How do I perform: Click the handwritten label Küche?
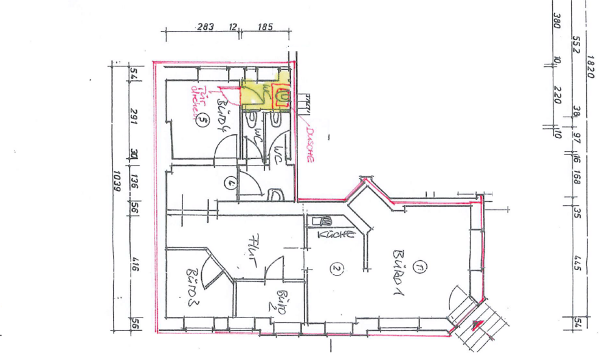pyautogui.click(x=335, y=235)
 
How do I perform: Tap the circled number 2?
pyautogui.click(x=335, y=268)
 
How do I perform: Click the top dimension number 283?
pyautogui.click(x=206, y=27)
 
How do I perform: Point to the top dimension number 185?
pyautogui.click(x=265, y=27)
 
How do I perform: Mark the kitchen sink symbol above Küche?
pyautogui.click(x=323, y=220)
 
